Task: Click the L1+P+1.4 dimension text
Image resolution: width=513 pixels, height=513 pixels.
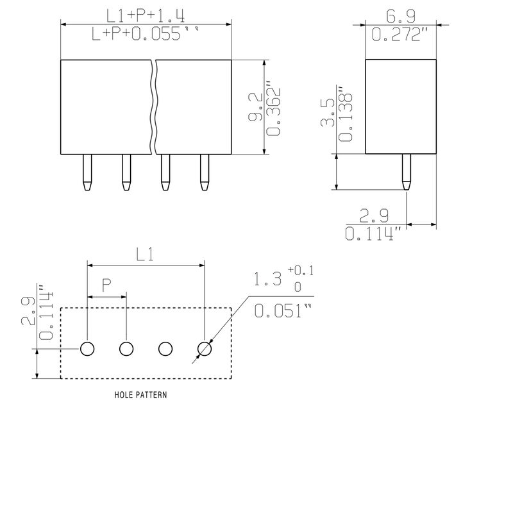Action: coord(146,15)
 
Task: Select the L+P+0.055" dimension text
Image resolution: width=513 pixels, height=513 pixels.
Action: coord(146,34)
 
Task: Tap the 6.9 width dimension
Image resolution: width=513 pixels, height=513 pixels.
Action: coord(401,17)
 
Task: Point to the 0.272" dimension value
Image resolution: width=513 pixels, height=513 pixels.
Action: coord(400,34)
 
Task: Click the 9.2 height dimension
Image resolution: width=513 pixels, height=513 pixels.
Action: coord(255,106)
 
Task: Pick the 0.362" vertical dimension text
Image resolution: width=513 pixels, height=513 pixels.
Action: coord(274,112)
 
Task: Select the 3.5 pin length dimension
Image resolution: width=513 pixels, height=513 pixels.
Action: coord(328,112)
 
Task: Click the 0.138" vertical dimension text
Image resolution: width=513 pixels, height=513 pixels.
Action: coord(346,114)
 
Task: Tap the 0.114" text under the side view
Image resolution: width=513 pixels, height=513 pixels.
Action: coord(373,233)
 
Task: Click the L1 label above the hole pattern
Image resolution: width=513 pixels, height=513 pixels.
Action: coord(145,255)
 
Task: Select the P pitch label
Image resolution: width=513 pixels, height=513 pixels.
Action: coord(106,285)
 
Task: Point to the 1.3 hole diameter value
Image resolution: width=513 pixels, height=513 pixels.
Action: coord(267,280)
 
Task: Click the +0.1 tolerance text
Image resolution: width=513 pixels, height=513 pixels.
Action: coord(301,271)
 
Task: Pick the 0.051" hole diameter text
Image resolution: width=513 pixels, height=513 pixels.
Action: coord(283,310)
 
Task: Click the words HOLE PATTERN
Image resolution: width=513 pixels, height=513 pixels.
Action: coord(140,395)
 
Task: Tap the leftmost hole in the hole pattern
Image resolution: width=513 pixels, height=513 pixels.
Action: coord(87,349)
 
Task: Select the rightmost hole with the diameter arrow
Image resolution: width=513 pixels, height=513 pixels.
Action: coord(205,349)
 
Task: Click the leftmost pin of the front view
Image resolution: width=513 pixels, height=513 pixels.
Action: coord(87,172)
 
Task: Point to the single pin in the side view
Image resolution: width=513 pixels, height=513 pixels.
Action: coord(407,172)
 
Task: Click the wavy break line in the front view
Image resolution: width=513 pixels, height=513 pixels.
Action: coord(153,107)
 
